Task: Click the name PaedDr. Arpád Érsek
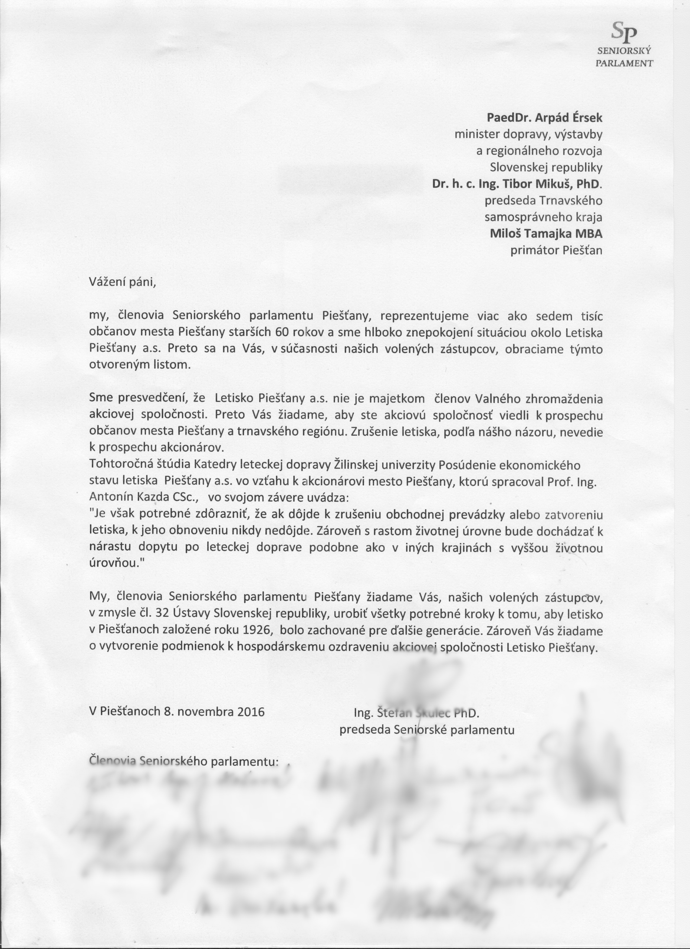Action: [x=544, y=118]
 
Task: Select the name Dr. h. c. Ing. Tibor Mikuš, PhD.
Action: [x=517, y=184]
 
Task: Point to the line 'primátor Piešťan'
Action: [x=556, y=250]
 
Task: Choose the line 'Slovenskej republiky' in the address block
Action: [x=546, y=167]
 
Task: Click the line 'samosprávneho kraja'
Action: [x=543, y=217]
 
